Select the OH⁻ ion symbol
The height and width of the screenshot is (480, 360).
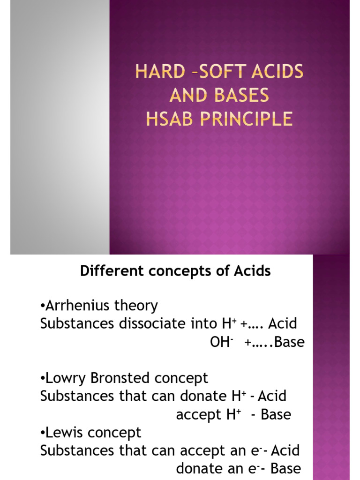(221, 343)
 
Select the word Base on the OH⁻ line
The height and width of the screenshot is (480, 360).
(290, 343)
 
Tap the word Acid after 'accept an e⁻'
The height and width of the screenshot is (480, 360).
(285, 451)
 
